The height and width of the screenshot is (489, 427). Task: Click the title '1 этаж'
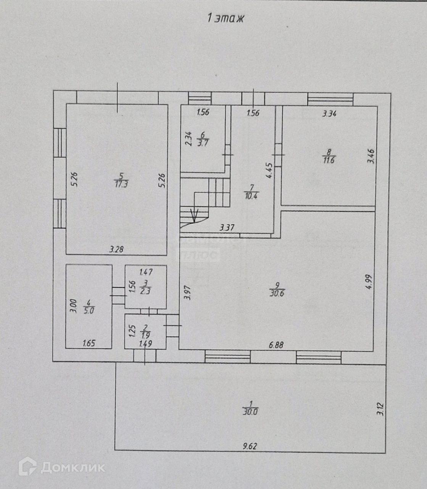(225, 18)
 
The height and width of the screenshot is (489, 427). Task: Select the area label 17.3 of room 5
(121, 185)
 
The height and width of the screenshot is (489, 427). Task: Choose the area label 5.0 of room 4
(88, 311)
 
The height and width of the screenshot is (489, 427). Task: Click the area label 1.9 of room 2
(145, 335)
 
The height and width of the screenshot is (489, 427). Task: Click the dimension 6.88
(276, 345)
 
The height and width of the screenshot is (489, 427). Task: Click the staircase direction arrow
(194, 216)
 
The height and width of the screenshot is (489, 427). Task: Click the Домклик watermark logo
(61, 467)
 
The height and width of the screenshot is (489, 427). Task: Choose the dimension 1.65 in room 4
(89, 344)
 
